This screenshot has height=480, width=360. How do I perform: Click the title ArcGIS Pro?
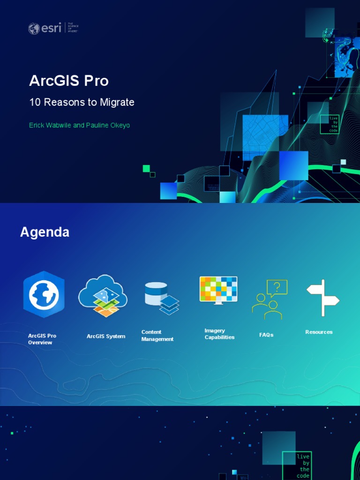[69, 81]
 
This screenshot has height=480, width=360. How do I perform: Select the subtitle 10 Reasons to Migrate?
[82, 102]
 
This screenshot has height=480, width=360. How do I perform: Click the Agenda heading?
[45, 232]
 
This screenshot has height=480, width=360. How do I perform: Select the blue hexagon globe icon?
[44, 294]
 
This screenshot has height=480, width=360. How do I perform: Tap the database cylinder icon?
[156, 294]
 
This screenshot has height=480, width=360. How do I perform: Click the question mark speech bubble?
[277, 288]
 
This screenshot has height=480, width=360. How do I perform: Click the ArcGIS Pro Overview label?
[42, 339]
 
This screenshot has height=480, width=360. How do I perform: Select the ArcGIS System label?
[106, 336]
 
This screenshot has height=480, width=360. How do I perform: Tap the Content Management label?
[157, 336]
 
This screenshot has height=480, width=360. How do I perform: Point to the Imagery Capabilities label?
[219, 334]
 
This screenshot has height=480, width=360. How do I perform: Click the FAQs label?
[266, 335]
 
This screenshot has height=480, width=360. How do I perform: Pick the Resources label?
[319, 332]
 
